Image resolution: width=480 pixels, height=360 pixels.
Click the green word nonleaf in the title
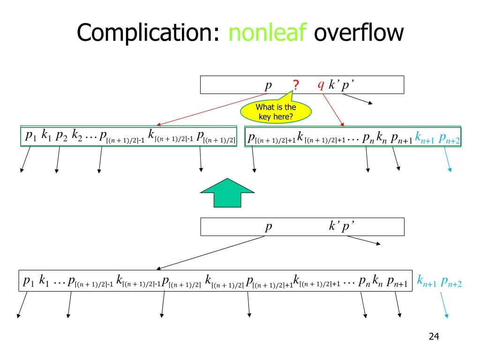(268, 33)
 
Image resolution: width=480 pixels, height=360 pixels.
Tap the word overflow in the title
(359, 33)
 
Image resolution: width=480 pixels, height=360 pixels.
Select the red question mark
(296, 85)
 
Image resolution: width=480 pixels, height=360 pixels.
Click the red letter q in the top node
(321, 84)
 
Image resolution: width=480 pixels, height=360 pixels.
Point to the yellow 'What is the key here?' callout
(276, 112)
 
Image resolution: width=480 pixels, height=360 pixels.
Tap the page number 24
(434, 336)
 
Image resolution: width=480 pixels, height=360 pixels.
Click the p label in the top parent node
(268, 85)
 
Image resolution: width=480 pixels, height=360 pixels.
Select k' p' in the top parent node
(341, 85)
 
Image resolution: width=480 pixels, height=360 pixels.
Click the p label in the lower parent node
(268, 227)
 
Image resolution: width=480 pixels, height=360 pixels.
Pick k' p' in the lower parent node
(341, 226)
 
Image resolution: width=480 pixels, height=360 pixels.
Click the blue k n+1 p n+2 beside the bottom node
(439, 282)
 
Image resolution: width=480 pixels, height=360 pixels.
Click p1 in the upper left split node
(30, 136)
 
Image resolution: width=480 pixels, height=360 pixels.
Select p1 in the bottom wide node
(28, 281)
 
